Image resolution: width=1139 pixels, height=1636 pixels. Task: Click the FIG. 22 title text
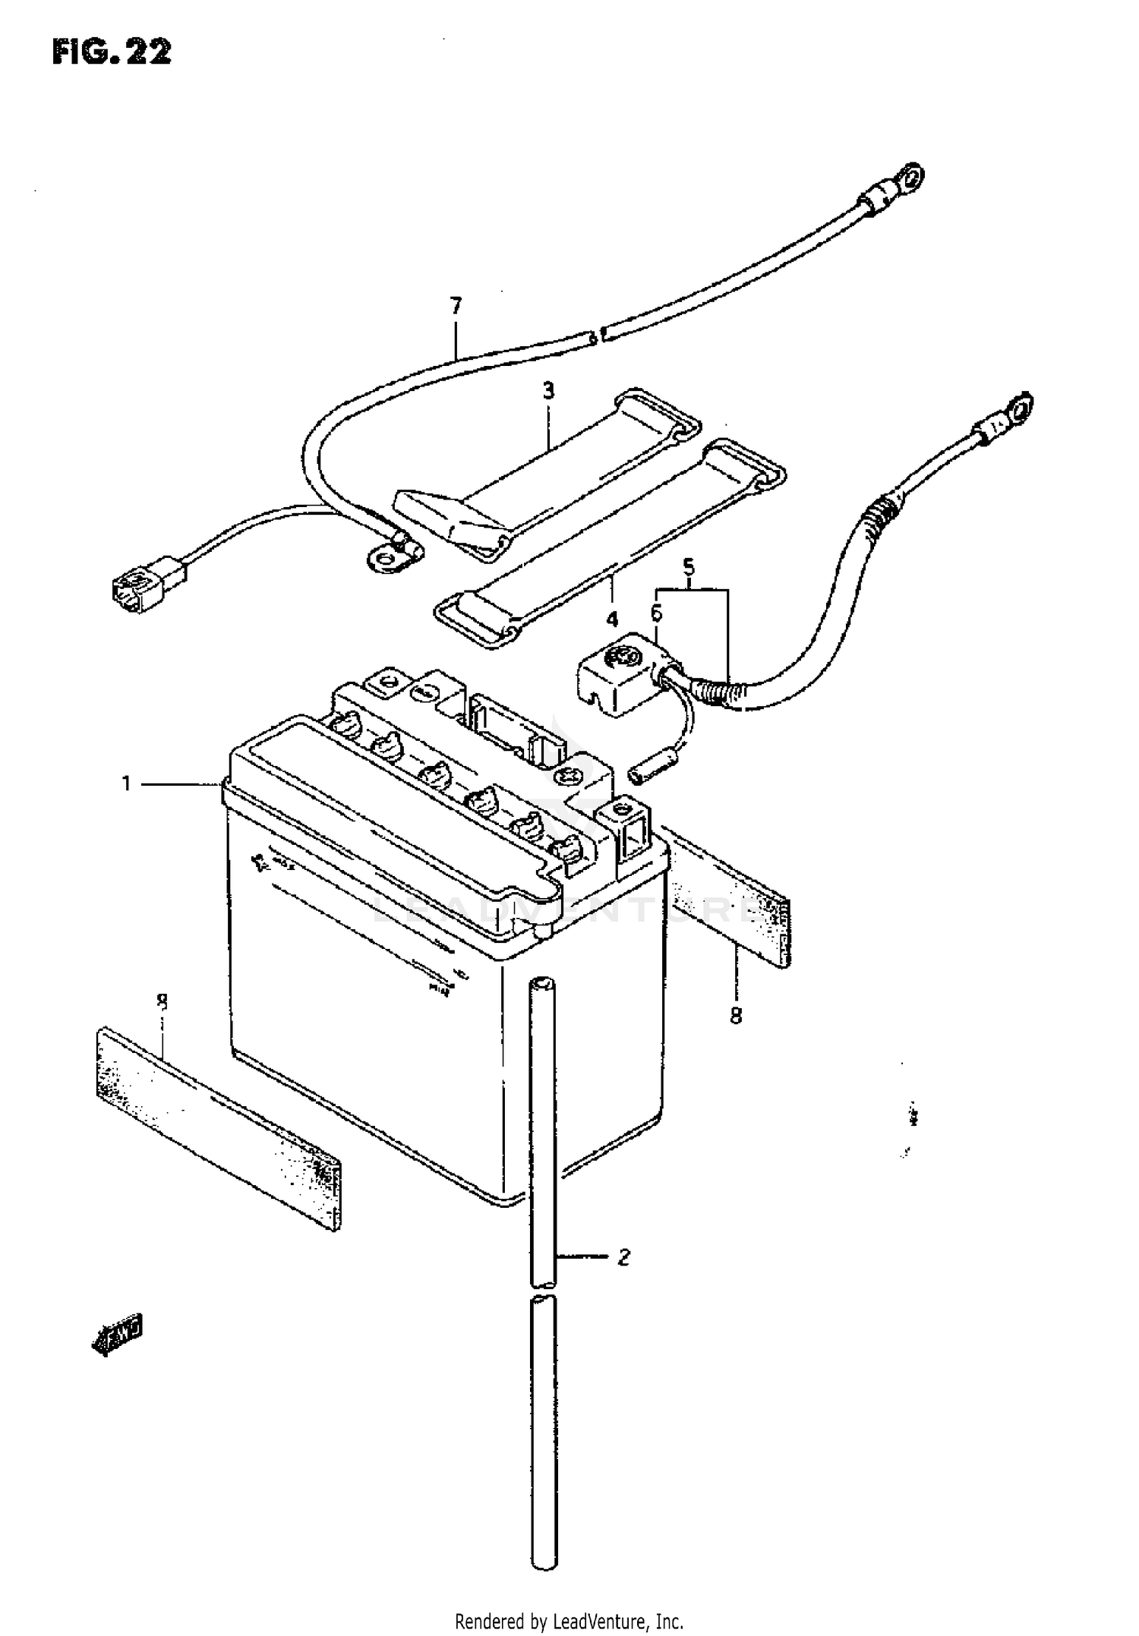coord(112,52)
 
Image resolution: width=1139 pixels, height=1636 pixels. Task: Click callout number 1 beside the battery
coord(128,783)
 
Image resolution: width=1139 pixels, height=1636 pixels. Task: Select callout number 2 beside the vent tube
coord(623,1258)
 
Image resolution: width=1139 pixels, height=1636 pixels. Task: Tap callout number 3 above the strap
coord(548,391)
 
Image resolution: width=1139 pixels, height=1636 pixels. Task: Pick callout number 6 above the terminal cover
coord(656,612)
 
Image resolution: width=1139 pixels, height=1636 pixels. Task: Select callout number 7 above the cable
coord(456,307)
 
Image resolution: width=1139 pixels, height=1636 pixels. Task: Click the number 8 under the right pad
coord(735,1015)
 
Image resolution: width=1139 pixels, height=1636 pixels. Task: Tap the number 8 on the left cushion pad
coord(162,1002)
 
